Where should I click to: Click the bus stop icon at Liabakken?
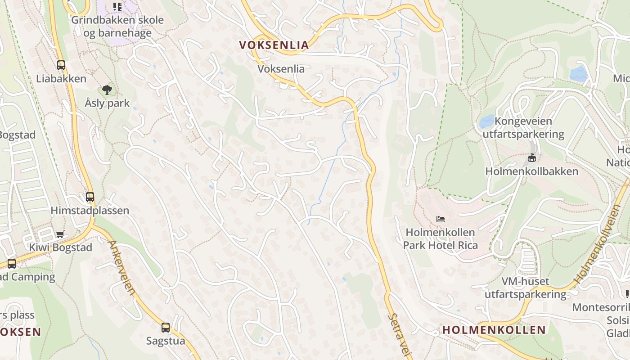pos(61,65)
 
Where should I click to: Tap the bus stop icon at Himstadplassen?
pos(90,197)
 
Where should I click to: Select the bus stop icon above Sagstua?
pos(166,327)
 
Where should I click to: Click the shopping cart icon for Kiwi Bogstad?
pos(60,234)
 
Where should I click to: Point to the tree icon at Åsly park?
pos(107,90)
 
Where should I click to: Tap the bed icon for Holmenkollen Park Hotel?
pos(441,219)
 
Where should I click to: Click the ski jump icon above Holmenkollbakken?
pos(532,157)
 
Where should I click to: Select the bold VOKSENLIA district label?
pos(274,45)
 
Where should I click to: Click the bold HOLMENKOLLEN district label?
pos(494,330)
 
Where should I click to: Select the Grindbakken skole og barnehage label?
pos(117,27)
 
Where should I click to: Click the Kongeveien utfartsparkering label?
pos(523,128)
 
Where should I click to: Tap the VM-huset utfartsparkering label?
pos(525,288)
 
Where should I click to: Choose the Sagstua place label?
pos(166,341)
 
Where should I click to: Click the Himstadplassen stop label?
pos(90,211)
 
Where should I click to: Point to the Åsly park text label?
pos(107,103)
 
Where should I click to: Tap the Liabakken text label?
pos(61,79)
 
